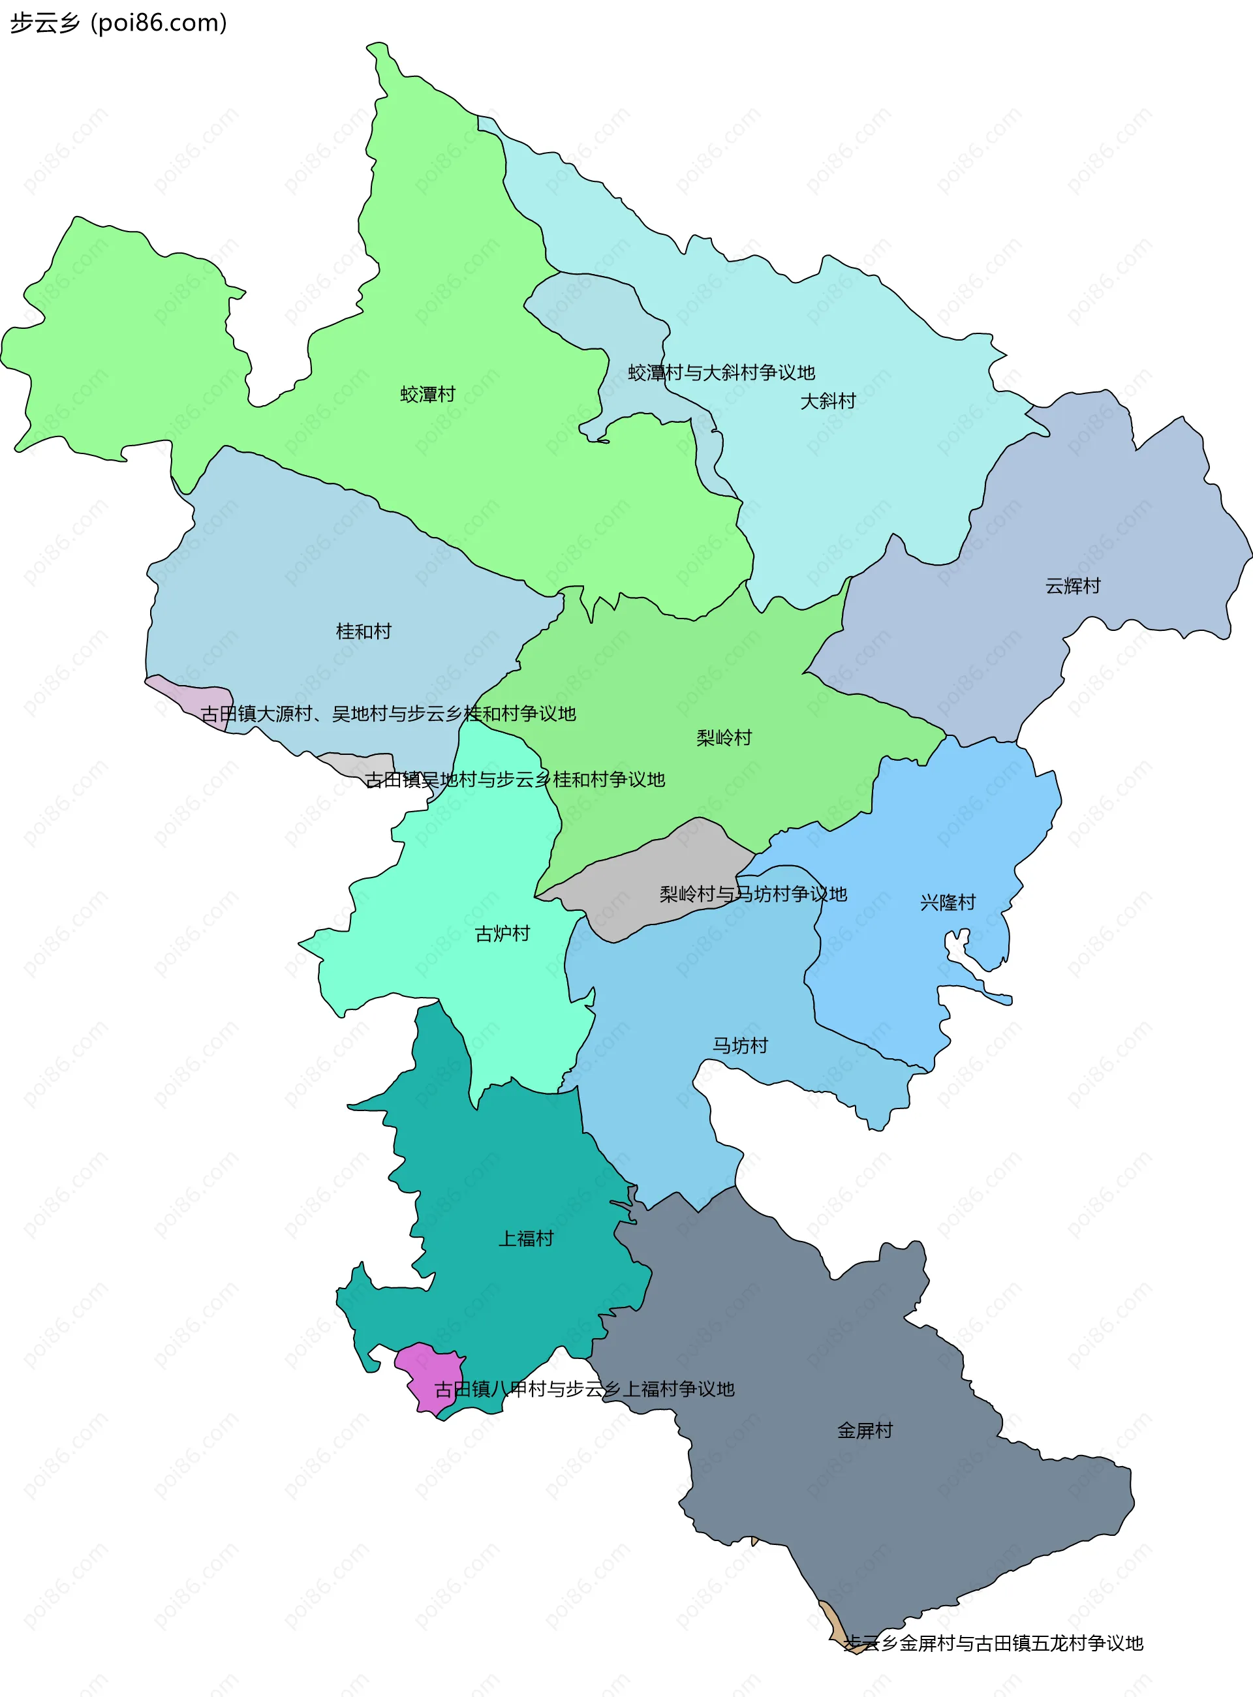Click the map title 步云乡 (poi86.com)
[x=118, y=23]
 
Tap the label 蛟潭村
[x=427, y=394]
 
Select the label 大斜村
[x=828, y=401]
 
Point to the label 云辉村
[x=1072, y=585]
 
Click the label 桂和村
[x=364, y=631]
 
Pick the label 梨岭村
[x=724, y=737]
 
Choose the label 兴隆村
[x=948, y=902]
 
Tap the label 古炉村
[x=502, y=934]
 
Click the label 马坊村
[x=740, y=1046]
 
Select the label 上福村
[x=525, y=1238]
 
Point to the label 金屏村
[x=865, y=1430]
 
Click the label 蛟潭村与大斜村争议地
[x=720, y=373]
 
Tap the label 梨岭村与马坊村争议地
[x=752, y=894]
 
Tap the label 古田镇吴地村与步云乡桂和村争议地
[x=514, y=780]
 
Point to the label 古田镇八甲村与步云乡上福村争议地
[x=584, y=1389]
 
